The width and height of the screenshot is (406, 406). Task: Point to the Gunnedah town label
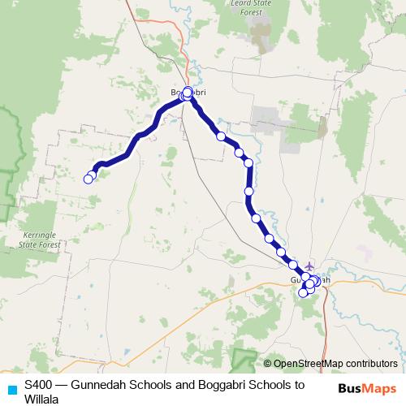click(310, 280)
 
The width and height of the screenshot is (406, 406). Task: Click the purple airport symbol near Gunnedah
click(309, 266)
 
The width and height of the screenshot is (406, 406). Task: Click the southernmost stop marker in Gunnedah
click(303, 292)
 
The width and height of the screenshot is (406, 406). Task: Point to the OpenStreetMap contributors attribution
click(335, 364)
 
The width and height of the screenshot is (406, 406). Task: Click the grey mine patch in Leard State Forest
click(261, 34)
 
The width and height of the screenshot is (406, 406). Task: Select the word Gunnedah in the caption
click(96, 383)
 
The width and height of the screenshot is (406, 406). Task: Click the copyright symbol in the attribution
click(268, 364)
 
